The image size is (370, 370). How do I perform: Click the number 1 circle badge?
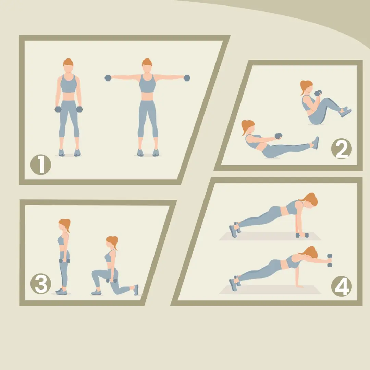(x=40, y=164)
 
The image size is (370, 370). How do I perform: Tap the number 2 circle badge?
(x=341, y=149)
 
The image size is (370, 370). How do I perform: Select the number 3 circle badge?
(x=40, y=284)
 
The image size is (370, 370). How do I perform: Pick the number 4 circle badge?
(x=341, y=286)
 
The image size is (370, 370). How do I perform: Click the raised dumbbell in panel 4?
(x=330, y=260)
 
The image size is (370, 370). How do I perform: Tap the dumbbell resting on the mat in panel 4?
(x=302, y=235)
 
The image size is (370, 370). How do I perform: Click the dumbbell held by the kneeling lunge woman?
(x=111, y=281)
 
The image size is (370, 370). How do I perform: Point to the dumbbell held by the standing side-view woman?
(x=64, y=261)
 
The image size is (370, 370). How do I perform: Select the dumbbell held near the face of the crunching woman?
(x=318, y=93)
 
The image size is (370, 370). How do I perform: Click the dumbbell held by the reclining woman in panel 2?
(x=279, y=136)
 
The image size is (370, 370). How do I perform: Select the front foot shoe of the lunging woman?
(x=96, y=292)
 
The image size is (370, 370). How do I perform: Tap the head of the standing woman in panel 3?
(x=64, y=225)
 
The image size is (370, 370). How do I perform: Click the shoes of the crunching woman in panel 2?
(x=345, y=111)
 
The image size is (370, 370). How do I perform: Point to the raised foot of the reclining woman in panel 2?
(x=316, y=143)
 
